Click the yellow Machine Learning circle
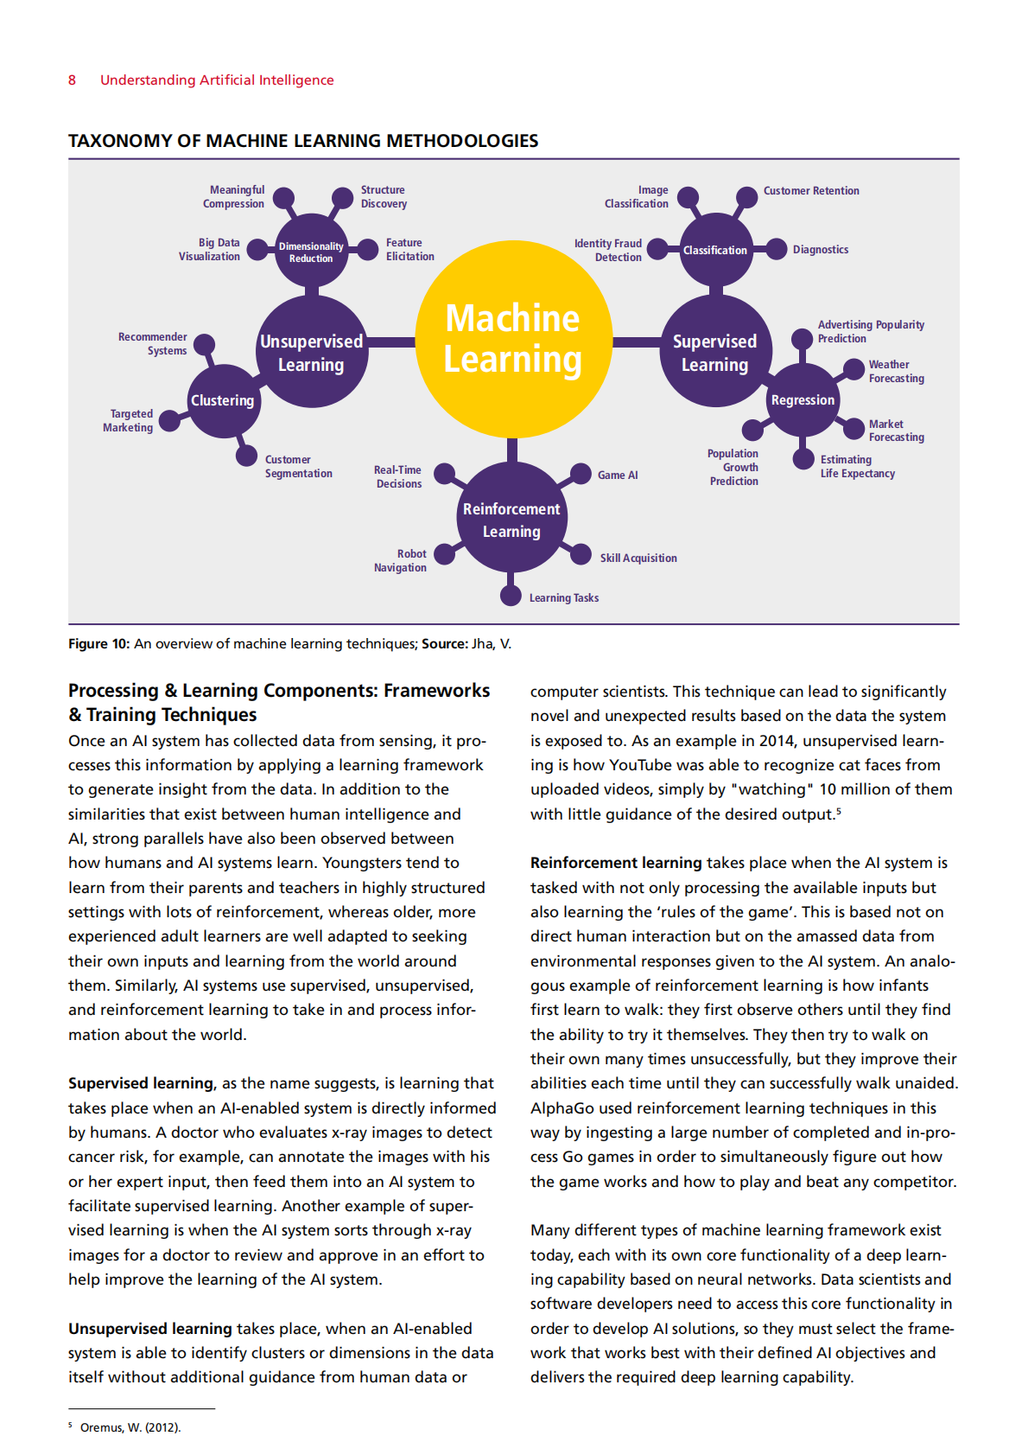click(513, 339)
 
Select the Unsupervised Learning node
click(312, 351)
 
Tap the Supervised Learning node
click(716, 351)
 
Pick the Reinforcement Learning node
click(512, 518)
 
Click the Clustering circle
click(223, 401)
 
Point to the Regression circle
click(803, 399)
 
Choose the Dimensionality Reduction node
click(312, 250)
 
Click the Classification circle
click(716, 250)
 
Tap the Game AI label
click(618, 475)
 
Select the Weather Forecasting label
click(896, 372)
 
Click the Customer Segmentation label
click(299, 466)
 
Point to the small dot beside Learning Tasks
click(511, 596)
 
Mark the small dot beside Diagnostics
click(777, 249)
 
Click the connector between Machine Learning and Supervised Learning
click(637, 341)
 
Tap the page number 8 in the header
click(72, 80)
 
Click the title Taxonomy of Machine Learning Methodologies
click(303, 141)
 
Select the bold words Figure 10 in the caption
click(98, 644)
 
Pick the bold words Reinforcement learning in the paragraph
click(616, 863)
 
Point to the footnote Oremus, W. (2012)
click(130, 1427)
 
